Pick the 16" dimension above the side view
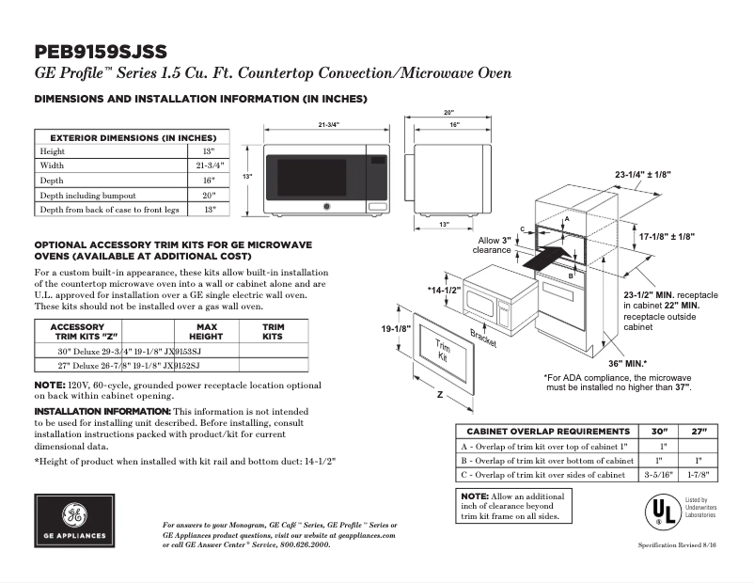(453, 125)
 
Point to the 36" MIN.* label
(627, 362)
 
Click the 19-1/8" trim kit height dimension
(396, 329)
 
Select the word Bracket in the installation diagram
(483, 339)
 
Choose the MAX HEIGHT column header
(205, 331)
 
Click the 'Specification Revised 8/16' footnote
(682, 545)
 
